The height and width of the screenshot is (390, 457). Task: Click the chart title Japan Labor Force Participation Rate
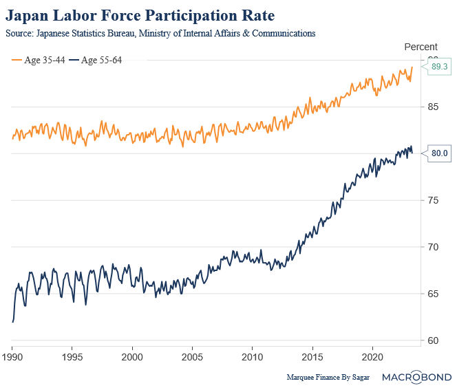[140, 15]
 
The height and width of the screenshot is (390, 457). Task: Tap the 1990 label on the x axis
[12, 358]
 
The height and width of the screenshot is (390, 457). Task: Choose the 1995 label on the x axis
[72, 358]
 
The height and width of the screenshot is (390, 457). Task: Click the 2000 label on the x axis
[132, 358]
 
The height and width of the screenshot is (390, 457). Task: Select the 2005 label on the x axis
[192, 358]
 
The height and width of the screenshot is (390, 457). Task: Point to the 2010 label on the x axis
[252, 358]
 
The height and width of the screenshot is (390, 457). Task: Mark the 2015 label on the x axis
[312, 358]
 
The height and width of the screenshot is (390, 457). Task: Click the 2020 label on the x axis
[372, 358]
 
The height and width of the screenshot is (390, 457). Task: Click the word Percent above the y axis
[420, 47]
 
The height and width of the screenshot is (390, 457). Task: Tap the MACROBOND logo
[417, 377]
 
